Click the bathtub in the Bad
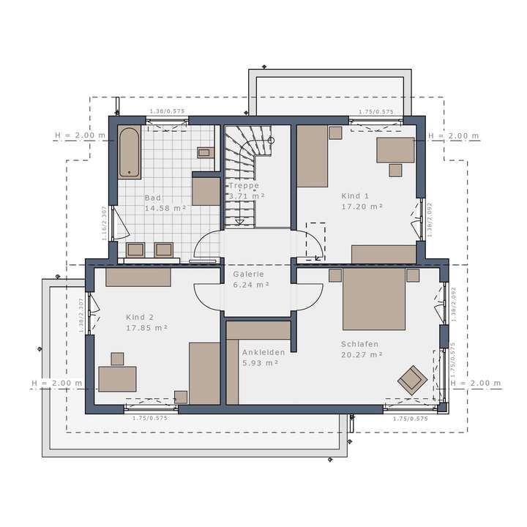coord(130,152)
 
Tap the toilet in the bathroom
coord(204,153)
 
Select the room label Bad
coord(153,198)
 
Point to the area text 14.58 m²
coord(165,209)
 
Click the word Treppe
coord(244,186)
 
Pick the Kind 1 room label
coord(356,196)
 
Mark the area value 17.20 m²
coord(363,207)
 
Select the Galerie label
coord(248,274)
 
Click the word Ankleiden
coord(263,352)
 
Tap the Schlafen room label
coord(359,343)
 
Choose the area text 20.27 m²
coord(362,355)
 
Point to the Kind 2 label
coord(140,317)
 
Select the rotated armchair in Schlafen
coord(412,378)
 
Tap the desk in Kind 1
coord(395,150)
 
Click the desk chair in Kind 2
coord(117,358)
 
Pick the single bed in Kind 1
coord(312,156)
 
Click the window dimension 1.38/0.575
coord(167,112)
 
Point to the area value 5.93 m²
coord(260,363)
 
